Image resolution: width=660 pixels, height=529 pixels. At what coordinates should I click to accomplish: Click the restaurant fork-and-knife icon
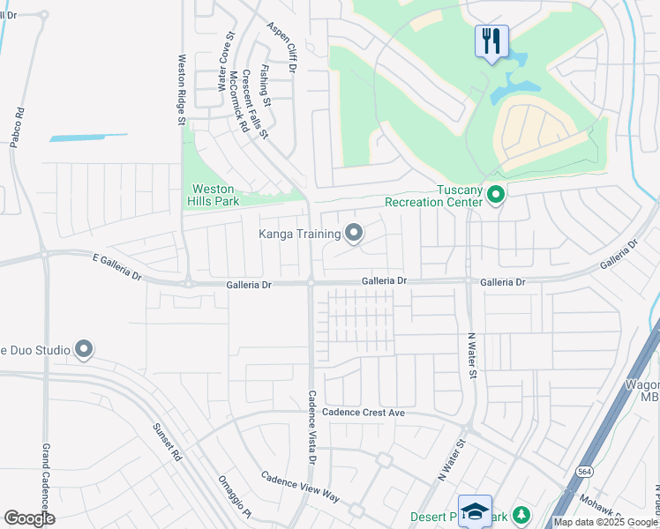[x=491, y=41]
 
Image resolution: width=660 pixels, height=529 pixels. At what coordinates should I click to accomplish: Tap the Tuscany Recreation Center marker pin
[x=496, y=194]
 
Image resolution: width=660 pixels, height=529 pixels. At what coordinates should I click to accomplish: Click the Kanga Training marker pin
[x=354, y=234]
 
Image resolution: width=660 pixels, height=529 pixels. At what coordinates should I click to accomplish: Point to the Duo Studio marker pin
[x=85, y=350]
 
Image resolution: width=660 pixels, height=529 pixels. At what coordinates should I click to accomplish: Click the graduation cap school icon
[x=475, y=511]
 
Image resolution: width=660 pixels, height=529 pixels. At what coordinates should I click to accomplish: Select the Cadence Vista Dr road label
[x=311, y=428]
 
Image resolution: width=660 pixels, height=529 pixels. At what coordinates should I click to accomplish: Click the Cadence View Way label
[x=299, y=487]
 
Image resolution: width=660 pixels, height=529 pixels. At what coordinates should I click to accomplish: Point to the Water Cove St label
[x=225, y=63]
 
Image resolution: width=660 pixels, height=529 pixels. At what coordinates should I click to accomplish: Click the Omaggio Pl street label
[x=235, y=498]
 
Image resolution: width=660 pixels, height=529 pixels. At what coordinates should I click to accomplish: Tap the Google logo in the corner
[x=29, y=518]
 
